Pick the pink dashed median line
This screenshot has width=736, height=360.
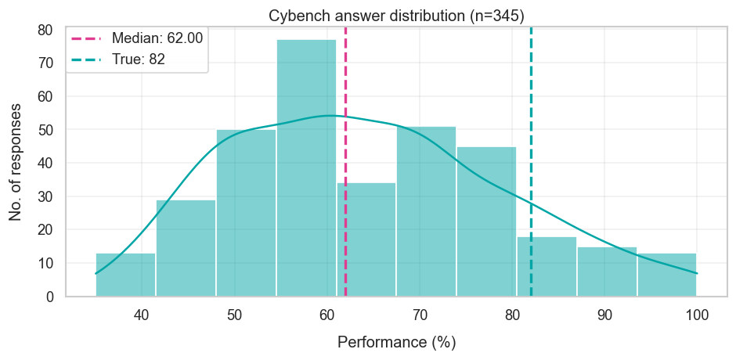tap(345, 157)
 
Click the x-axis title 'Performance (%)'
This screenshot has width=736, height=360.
tap(396, 342)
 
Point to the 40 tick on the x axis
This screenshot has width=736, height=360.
tap(142, 315)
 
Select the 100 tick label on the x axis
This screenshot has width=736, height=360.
tap(696, 315)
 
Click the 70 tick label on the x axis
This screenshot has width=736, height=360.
tap(420, 315)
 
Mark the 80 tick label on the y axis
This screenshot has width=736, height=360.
tap(45, 31)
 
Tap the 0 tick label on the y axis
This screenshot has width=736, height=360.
tap(49, 297)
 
